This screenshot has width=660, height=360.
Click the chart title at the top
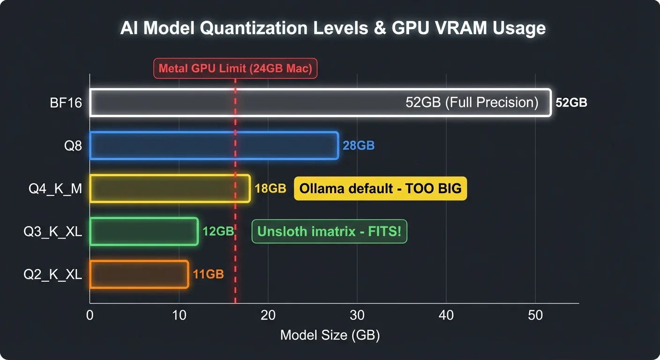tap(333, 28)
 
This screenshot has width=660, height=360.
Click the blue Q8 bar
tap(214, 146)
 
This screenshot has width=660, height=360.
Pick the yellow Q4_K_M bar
tap(170, 188)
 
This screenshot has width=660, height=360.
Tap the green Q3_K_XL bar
tap(143, 231)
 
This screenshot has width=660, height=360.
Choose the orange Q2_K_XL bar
tap(139, 274)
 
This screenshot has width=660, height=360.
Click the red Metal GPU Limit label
tap(235, 68)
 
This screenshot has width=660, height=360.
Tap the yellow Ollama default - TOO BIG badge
tap(380, 188)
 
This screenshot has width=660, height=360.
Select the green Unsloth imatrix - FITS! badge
tap(329, 231)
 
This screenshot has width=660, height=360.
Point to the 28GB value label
tap(359, 146)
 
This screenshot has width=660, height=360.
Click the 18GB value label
tap(270, 188)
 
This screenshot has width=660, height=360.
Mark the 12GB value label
tap(218, 231)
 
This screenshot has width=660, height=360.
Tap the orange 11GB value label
tap(209, 274)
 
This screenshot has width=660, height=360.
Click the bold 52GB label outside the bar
tap(571, 103)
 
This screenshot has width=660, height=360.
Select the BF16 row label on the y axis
tap(66, 103)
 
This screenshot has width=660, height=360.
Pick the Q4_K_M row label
tap(56, 188)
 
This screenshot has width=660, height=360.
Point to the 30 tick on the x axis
tap(357, 315)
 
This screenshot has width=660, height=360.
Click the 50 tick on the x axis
tap(535, 315)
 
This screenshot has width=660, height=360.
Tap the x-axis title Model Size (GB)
tap(330, 336)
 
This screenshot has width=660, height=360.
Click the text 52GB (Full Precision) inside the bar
tap(472, 103)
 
